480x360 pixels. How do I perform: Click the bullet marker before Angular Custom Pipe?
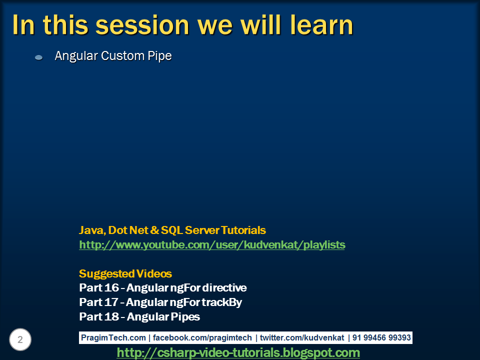[x=39, y=57]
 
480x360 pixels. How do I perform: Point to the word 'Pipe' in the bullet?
[x=159, y=56]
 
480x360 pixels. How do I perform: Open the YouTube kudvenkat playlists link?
[x=212, y=245]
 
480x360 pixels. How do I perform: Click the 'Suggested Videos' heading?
[x=125, y=274]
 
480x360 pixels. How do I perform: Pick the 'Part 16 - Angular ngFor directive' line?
[x=163, y=288]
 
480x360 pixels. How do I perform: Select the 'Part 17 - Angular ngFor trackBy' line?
[x=160, y=302]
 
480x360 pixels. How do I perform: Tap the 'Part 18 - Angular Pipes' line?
[x=139, y=317]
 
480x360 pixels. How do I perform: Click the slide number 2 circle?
[x=20, y=340]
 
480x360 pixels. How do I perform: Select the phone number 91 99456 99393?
[x=381, y=338]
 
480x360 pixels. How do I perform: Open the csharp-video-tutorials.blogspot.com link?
[x=238, y=353]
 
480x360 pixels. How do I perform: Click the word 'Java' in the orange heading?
[x=90, y=230]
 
